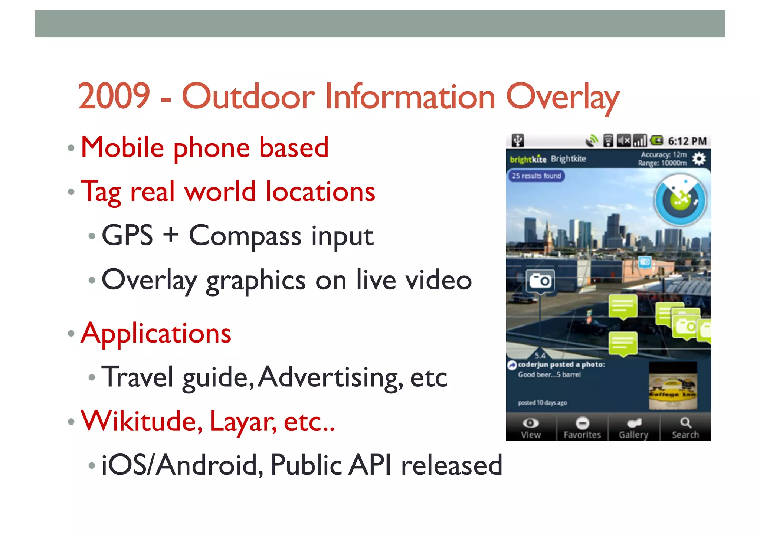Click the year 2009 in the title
click(x=114, y=96)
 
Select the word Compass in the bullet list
click(x=245, y=236)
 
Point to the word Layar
click(x=243, y=422)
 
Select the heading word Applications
click(x=156, y=333)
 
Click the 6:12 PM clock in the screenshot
click(x=687, y=141)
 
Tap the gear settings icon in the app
click(x=699, y=159)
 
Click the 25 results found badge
click(x=536, y=176)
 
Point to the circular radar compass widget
click(x=680, y=200)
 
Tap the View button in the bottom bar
click(x=531, y=428)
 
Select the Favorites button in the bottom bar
click(x=582, y=428)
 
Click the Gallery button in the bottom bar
click(x=633, y=428)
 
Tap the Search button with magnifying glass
click(x=685, y=428)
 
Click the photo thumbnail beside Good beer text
click(x=672, y=386)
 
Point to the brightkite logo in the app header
click(x=528, y=160)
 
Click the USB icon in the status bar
click(x=518, y=141)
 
